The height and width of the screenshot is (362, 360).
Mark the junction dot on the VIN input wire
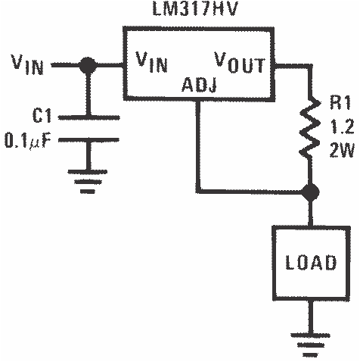[x=89, y=67]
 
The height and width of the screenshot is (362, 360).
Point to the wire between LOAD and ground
[x=308, y=314]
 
